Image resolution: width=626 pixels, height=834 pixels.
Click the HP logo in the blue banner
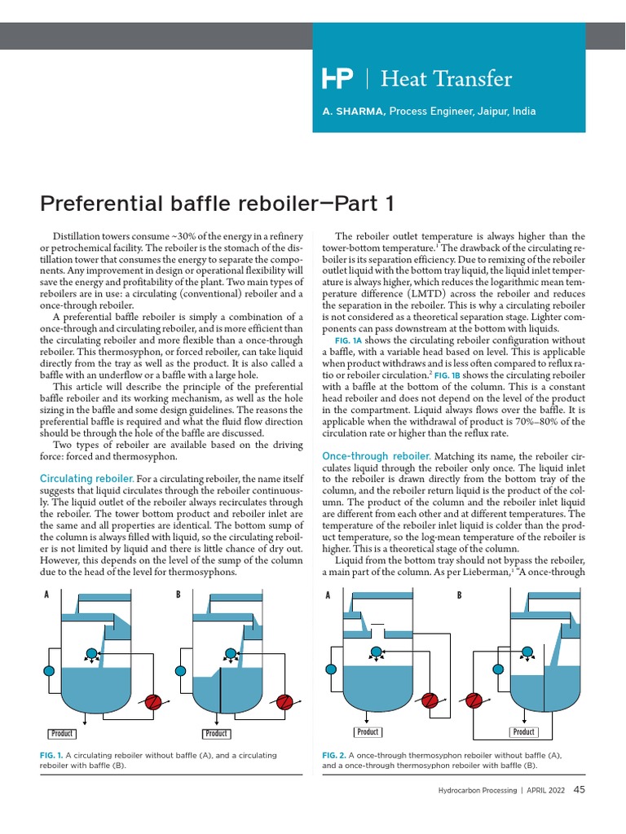338,79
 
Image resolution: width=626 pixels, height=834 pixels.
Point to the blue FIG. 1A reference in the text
348,340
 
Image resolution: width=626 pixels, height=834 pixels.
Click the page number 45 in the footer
580,789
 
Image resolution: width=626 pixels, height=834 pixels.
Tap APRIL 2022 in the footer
547,790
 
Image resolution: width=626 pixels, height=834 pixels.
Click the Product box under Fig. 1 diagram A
62,734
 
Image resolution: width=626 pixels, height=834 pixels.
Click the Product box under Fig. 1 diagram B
216,734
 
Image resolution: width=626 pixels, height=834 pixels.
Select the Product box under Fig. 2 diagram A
368,732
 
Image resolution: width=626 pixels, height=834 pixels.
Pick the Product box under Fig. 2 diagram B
523,732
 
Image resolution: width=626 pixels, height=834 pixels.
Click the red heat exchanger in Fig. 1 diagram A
152,703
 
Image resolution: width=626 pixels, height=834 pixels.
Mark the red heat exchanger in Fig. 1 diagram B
284,703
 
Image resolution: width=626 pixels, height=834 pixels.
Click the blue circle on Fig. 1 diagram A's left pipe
48,671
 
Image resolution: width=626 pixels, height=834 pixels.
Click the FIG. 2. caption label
335,756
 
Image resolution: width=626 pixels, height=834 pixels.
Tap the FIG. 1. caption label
51,756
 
